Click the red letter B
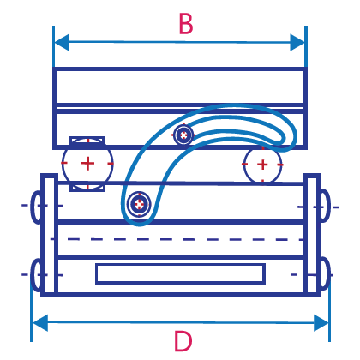click(x=186, y=24)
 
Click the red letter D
click(x=183, y=341)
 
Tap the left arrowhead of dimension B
click(x=62, y=42)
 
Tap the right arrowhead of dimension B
click(x=297, y=43)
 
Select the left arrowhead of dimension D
click(x=40, y=323)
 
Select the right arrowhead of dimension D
click(x=321, y=323)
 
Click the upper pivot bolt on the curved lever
click(x=183, y=135)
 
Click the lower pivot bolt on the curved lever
click(x=139, y=204)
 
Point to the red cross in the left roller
click(x=87, y=163)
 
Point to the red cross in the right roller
click(x=262, y=165)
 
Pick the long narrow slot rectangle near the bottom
click(x=180, y=274)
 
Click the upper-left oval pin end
click(x=36, y=207)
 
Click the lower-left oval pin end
click(x=36, y=275)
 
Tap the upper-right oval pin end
click(x=325, y=206)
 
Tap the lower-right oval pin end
click(x=325, y=273)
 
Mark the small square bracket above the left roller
click(x=87, y=140)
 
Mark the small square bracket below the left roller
click(x=87, y=188)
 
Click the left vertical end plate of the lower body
click(x=49, y=235)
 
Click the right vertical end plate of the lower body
click(x=311, y=235)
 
